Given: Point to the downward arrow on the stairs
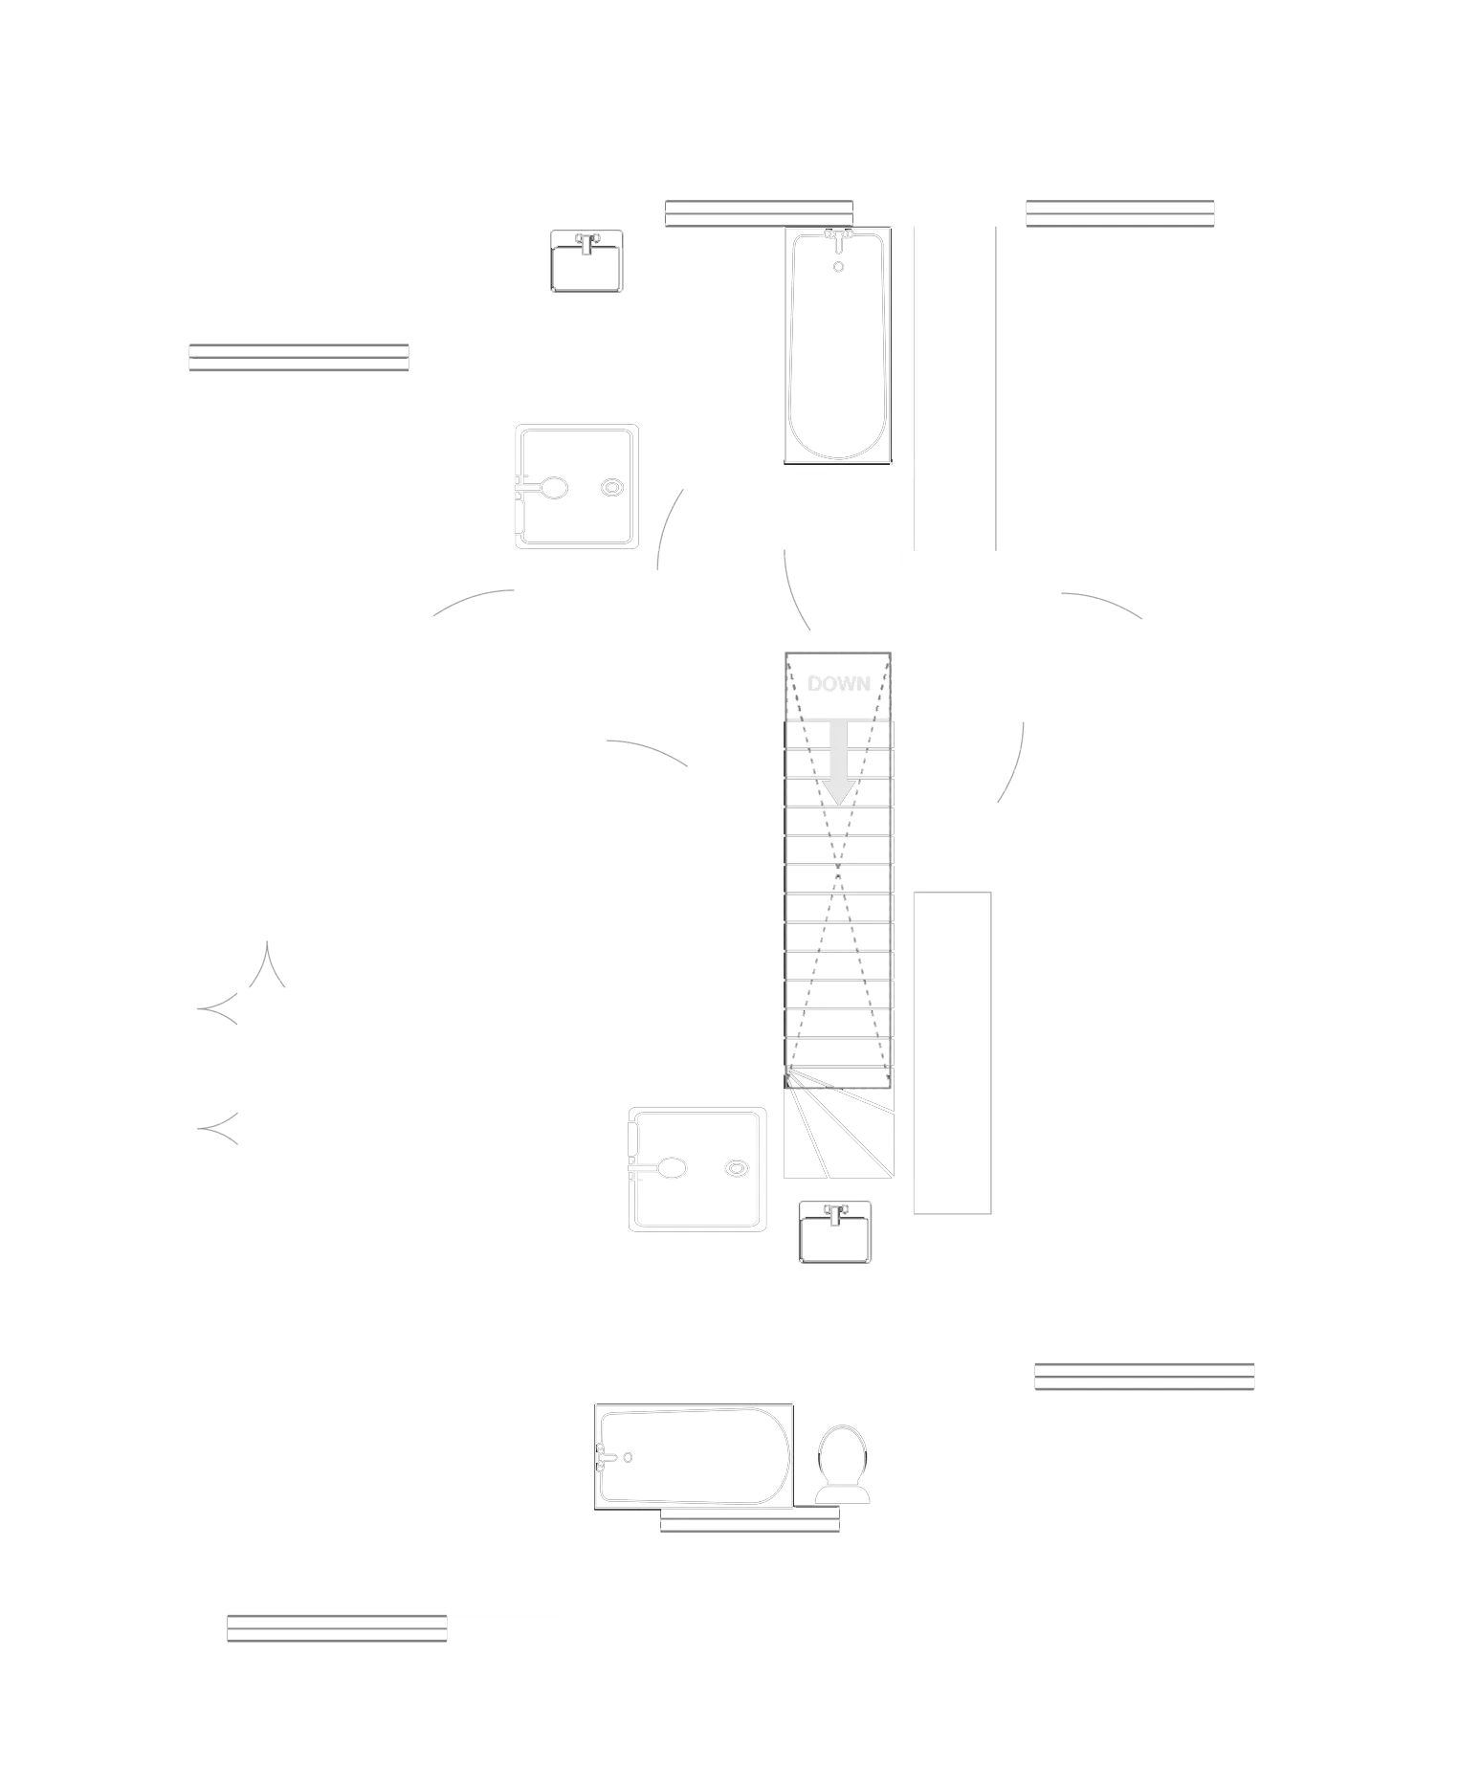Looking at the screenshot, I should click(839, 770).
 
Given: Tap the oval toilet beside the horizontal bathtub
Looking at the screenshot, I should click(842, 1460).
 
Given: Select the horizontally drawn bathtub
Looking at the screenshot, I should click(694, 1453).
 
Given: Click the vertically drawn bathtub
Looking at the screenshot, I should click(838, 344).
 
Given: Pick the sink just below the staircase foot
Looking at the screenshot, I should click(835, 1232).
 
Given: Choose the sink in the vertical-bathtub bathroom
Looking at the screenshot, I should click(586, 261).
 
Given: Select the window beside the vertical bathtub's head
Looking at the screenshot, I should click(759, 213).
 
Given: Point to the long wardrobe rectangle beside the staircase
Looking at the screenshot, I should click(955, 1051).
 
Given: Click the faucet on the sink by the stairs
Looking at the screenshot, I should click(835, 1212).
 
